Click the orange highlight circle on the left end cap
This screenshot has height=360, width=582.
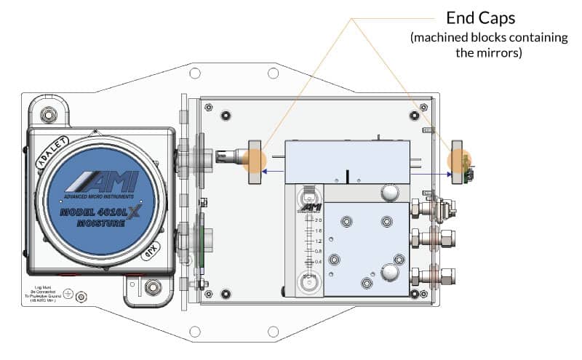pyautogui.click(x=255, y=160)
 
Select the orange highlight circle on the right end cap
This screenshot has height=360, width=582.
pyautogui.click(x=461, y=161)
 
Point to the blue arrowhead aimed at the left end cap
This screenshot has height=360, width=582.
pyautogui.click(x=266, y=172)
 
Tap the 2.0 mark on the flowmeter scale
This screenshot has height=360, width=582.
pyautogui.click(x=318, y=220)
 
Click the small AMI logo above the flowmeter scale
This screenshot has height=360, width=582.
pyautogui.click(x=311, y=207)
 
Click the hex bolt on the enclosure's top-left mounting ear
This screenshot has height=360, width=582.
pyautogui.click(x=48, y=113)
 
